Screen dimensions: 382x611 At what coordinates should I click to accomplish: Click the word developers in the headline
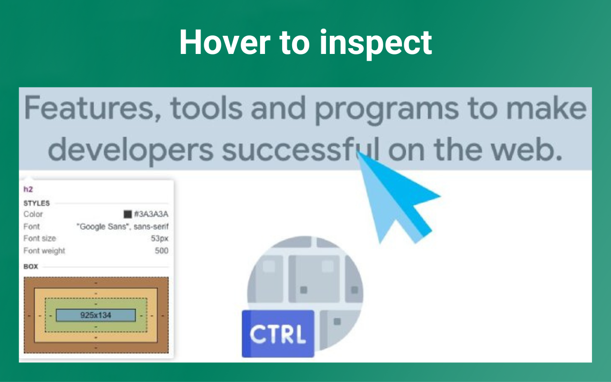pyautogui.click(x=130, y=149)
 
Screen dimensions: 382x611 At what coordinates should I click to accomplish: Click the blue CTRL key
pyautogui.click(x=278, y=334)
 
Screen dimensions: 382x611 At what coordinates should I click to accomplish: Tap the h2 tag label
pyautogui.click(x=28, y=190)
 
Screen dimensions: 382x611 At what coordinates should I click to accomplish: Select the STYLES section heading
pyautogui.click(x=36, y=203)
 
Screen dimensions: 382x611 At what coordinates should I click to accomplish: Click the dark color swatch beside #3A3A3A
pyautogui.click(x=127, y=214)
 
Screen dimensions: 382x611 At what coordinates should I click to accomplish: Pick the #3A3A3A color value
pyautogui.click(x=151, y=214)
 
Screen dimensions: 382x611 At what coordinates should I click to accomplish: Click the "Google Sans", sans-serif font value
pyautogui.click(x=122, y=226)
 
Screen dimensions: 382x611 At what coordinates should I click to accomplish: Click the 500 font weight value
pyautogui.click(x=161, y=251)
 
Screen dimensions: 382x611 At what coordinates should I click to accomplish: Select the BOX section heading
pyautogui.click(x=31, y=266)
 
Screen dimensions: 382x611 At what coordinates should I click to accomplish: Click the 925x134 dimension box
pyautogui.click(x=96, y=315)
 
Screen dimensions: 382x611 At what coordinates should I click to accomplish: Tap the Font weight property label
pyautogui.click(x=44, y=251)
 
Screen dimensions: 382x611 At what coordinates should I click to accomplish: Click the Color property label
pyautogui.click(x=33, y=214)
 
